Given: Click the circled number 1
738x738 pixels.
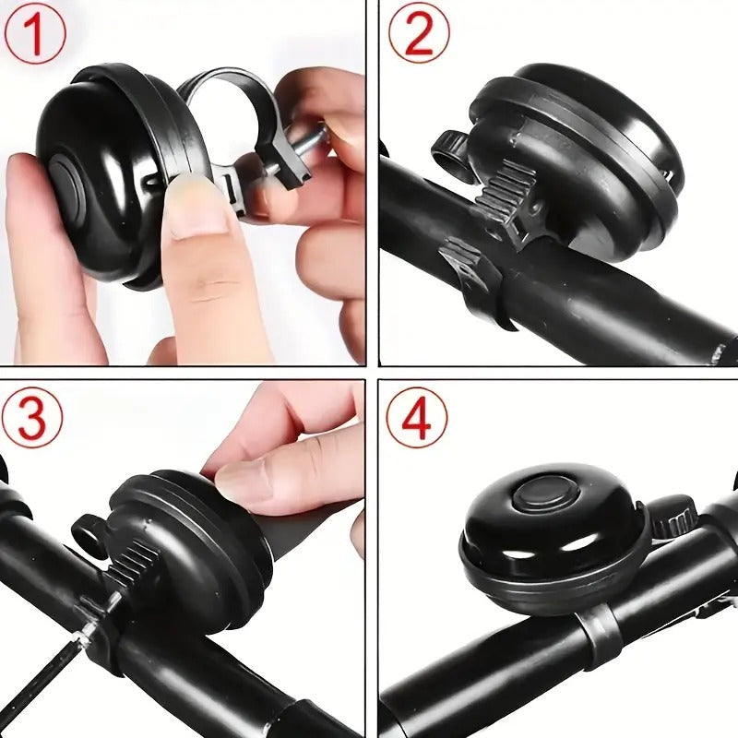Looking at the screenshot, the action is click(x=36, y=34).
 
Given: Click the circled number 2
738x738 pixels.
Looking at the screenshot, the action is click(x=419, y=33).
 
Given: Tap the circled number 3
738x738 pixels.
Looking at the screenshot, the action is click(x=32, y=418).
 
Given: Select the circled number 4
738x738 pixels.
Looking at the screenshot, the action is click(x=417, y=418).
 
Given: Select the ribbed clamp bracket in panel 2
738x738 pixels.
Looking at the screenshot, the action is click(x=504, y=197).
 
